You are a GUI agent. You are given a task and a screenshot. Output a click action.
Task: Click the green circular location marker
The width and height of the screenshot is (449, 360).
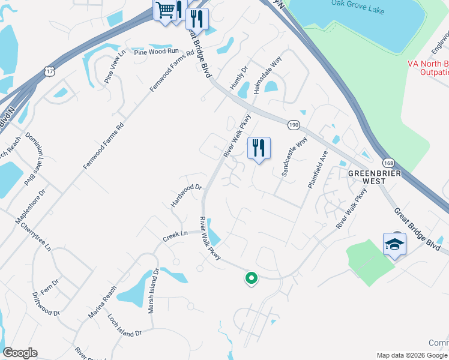251,278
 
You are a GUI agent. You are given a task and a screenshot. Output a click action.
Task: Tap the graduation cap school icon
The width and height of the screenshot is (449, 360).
394,244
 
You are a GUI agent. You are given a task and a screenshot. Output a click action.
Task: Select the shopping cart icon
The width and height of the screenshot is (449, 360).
165,11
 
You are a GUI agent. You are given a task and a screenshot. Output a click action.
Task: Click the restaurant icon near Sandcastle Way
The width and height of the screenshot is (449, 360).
259,148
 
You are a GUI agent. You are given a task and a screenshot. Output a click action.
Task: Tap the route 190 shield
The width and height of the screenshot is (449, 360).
294,124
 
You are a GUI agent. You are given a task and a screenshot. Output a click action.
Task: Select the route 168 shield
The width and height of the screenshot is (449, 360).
388,163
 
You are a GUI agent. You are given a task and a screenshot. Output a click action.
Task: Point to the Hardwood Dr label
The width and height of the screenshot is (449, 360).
184,196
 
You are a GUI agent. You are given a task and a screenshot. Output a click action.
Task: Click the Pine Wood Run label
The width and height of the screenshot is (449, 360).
157,52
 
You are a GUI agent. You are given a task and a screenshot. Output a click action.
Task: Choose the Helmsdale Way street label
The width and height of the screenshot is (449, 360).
268,75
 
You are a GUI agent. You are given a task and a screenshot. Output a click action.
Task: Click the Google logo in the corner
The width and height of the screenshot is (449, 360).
20,353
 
